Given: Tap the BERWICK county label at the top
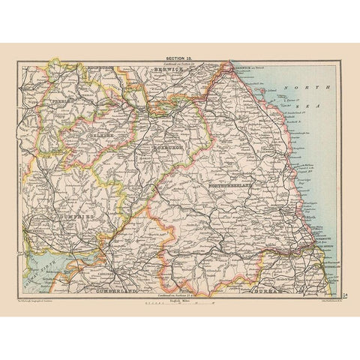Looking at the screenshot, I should click(x=168, y=67).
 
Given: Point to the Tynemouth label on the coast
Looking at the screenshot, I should click(x=324, y=250).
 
